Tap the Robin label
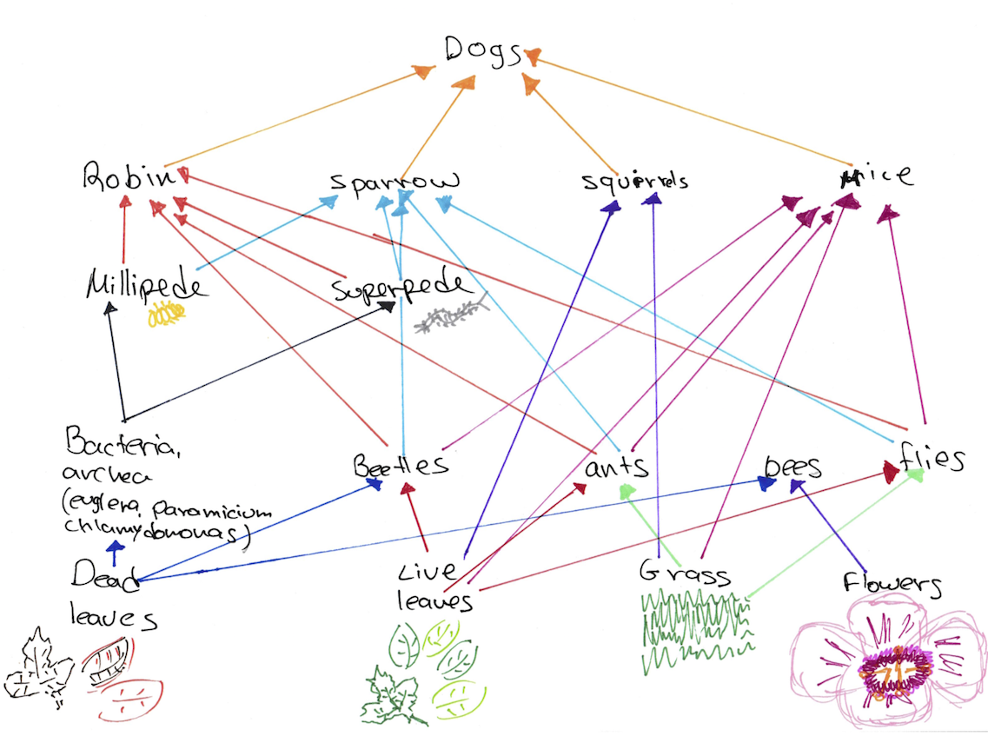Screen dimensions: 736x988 click(x=123, y=178)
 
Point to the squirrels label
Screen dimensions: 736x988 click(x=635, y=182)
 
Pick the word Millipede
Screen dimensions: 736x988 click(x=147, y=284)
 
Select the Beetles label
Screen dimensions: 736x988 click(x=401, y=465)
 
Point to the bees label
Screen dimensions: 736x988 click(x=792, y=467)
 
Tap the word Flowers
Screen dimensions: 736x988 click(x=891, y=584)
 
